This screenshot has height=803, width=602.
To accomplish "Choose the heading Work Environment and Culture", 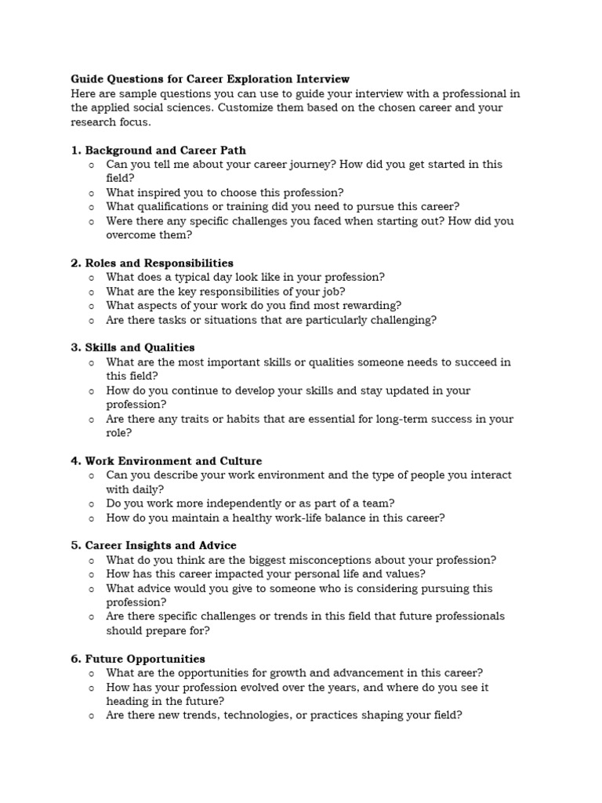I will [173, 460].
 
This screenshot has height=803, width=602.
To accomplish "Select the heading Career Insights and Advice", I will [161, 545].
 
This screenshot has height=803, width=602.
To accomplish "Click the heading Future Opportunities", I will [145, 659].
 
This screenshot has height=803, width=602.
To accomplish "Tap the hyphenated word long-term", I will [379, 419].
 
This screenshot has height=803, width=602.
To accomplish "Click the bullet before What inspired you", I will [92, 193].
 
